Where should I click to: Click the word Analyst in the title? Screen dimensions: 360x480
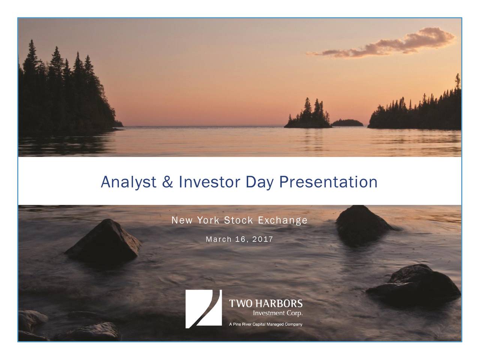pos(128,183)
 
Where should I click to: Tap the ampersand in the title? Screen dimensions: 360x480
pos(168,183)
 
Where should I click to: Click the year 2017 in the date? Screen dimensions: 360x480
pos(262,240)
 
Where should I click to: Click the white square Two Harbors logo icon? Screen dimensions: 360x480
pos(203,309)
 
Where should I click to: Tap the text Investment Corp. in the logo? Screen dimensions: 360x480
pos(278,313)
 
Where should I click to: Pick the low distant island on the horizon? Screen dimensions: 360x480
pos(348,123)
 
